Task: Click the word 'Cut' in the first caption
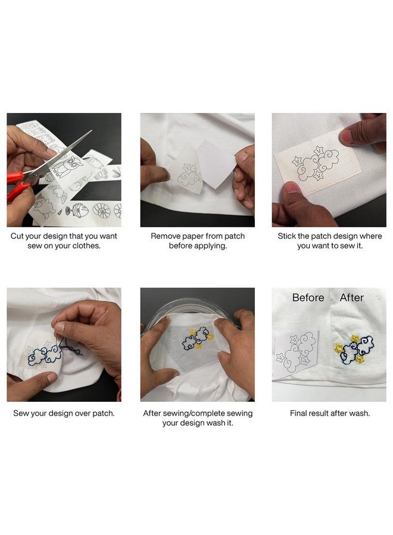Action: (x=18, y=236)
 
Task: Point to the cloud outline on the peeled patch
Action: (x=190, y=175)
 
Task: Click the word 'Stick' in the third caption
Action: (x=288, y=236)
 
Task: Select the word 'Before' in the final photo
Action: (x=308, y=298)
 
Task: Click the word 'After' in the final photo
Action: (x=351, y=298)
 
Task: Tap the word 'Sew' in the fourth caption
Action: (x=21, y=413)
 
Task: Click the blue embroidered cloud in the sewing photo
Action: (x=45, y=354)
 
